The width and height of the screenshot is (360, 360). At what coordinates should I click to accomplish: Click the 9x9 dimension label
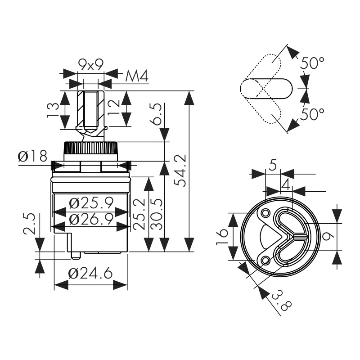click(91, 65)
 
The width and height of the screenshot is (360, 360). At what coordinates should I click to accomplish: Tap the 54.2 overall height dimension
click(180, 171)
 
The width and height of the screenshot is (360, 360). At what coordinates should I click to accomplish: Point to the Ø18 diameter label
click(32, 156)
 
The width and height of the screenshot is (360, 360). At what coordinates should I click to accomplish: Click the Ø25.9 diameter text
click(91, 203)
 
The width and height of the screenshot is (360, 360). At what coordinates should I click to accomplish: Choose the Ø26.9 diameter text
click(91, 219)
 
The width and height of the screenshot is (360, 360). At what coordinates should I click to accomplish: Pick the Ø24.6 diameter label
click(90, 273)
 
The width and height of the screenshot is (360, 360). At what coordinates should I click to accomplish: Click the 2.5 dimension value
click(30, 224)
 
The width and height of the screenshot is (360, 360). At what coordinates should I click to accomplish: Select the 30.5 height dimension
click(157, 214)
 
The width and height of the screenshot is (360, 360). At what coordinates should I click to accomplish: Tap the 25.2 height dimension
click(139, 214)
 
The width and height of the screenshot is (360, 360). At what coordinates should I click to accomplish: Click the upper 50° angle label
click(312, 63)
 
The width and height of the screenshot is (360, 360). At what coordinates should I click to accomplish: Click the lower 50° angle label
click(312, 114)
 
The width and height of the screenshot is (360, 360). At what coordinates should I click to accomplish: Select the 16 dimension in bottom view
click(222, 237)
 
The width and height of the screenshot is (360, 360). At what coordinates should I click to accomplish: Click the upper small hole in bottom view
click(266, 212)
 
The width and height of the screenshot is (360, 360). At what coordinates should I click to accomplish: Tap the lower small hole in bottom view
click(266, 261)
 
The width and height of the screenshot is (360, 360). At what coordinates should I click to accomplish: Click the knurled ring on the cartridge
click(91, 148)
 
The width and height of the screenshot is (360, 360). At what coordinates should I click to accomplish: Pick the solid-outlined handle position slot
click(266, 89)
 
